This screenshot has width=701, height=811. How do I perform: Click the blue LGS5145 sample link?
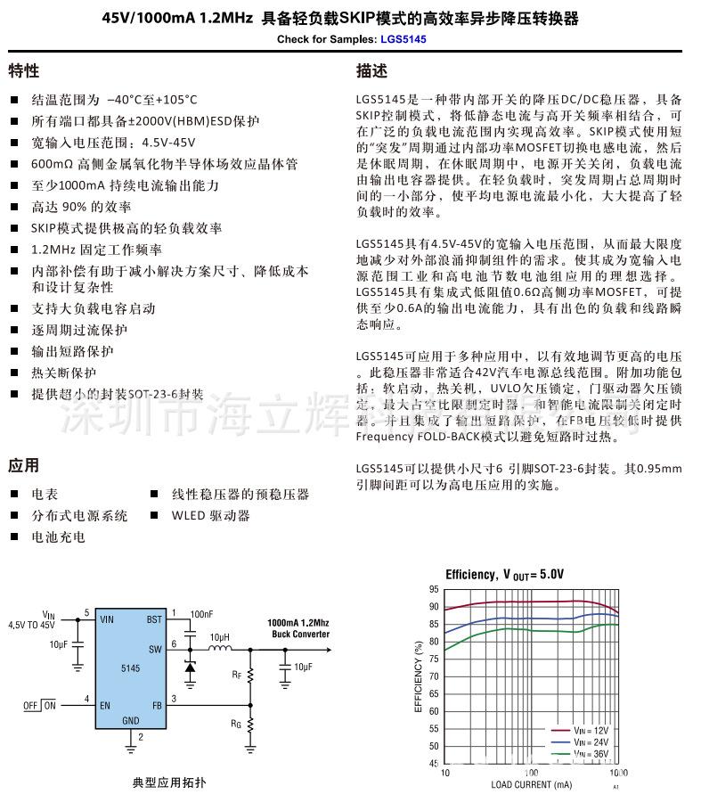click(403, 40)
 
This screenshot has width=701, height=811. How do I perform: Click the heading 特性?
click(24, 71)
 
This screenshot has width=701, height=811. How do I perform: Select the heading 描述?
click(371, 71)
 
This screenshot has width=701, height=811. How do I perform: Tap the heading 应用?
click(24, 465)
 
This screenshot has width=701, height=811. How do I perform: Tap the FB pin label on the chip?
click(157, 704)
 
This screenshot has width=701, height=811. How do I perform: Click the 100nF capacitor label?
click(202, 614)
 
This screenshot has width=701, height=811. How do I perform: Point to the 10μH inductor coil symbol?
click(218, 648)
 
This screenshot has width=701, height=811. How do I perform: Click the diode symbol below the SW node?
click(189, 666)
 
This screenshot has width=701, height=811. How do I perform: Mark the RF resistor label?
click(236, 676)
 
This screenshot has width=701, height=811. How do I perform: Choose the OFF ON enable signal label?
click(39, 705)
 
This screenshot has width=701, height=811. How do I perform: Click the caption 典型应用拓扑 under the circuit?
click(169, 782)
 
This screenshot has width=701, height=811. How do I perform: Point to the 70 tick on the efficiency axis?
click(434, 676)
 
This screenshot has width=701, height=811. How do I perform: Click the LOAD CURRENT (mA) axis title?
click(531, 785)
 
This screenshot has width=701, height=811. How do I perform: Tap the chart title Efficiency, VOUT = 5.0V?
click(505, 575)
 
